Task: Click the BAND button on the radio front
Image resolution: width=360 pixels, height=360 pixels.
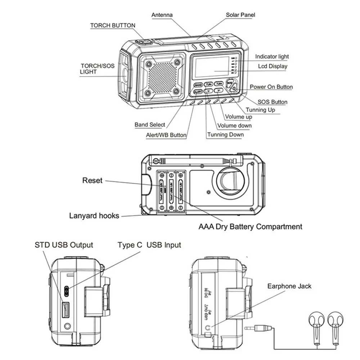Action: [198, 85]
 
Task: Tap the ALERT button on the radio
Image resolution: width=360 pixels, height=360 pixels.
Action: [198, 92]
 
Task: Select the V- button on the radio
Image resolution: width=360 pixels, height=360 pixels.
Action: [208, 91]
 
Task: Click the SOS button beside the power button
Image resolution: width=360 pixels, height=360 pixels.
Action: [230, 83]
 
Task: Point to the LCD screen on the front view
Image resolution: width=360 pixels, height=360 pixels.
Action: [212, 67]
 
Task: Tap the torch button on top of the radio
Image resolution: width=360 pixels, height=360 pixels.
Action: [145, 42]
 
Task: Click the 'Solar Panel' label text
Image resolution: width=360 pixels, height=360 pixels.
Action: [240, 15]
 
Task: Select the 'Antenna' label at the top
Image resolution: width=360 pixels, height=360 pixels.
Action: [162, 15]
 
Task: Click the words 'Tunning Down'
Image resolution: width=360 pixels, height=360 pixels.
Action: [225, 135]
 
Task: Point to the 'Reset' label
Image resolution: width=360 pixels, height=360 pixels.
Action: [93, 180]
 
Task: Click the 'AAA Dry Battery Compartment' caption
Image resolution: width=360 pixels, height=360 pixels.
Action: [250, 227]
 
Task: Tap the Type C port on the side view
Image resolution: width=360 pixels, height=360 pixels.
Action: [67, 290]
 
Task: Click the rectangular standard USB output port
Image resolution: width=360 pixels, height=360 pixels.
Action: [66, 310]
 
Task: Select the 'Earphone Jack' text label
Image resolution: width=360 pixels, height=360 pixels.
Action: [289, 286]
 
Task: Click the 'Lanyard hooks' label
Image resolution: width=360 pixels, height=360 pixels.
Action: [94, 216]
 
